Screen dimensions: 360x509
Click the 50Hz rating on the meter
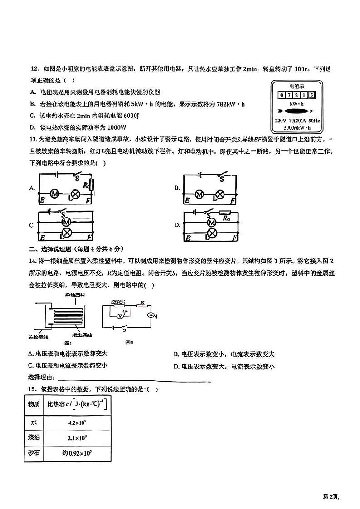(313, 121)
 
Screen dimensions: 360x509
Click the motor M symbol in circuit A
(54, 194)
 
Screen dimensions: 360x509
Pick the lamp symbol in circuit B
(220, 195)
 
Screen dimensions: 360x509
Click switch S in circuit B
(222, 179)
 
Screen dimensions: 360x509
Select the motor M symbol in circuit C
(66, 222)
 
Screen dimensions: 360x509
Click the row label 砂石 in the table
(34, 452)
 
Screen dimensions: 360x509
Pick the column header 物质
(34, 404)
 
